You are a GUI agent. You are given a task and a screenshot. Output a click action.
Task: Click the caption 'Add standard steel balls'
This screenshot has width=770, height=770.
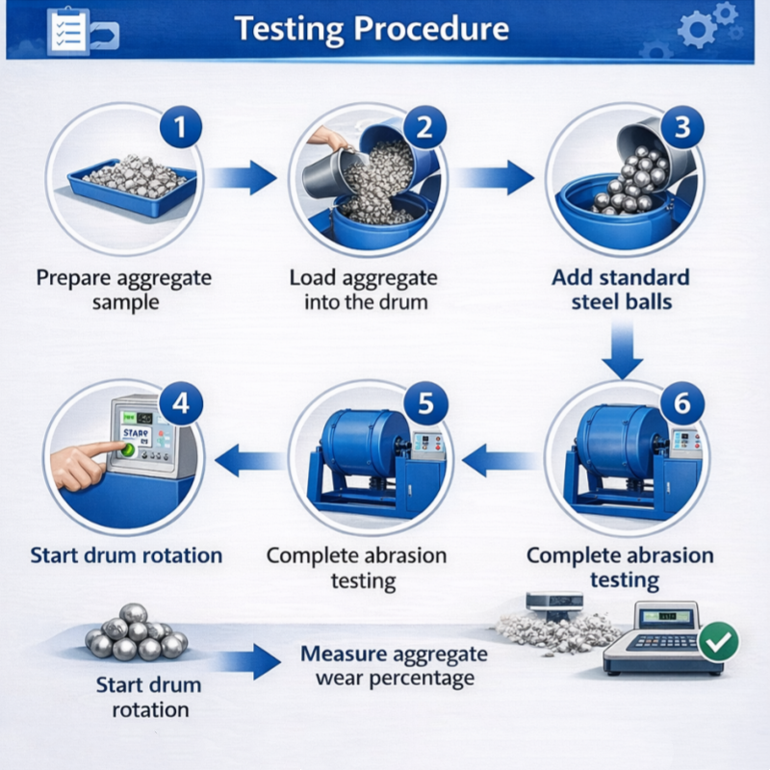click(621, 289)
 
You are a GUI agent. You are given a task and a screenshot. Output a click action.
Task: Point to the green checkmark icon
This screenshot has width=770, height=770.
click(718, 641)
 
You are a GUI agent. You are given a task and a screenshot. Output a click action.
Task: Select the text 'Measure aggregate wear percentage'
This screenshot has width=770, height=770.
click(394, 666)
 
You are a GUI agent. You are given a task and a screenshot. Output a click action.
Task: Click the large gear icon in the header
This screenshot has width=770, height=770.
click(697, 30)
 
